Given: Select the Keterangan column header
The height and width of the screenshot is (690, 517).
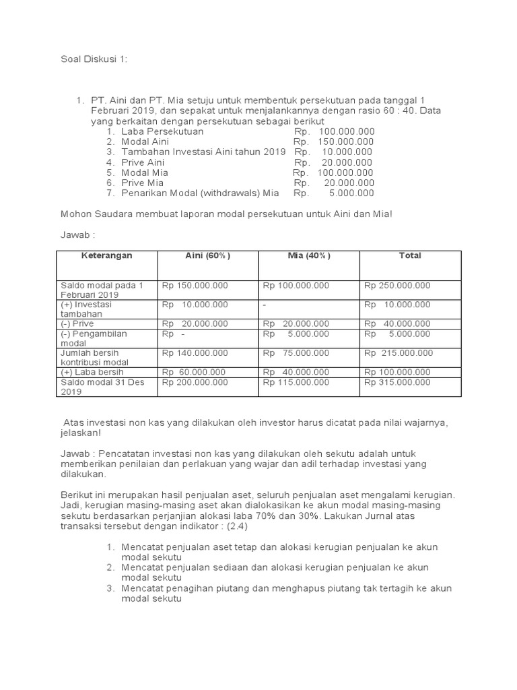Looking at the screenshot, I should pyautogui.click(x=107, y=256).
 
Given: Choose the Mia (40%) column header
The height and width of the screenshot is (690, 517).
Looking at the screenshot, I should pyautogui.click(x=309, y=256).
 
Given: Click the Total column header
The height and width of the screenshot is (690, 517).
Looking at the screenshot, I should pyautogui.click(x=410, y=256).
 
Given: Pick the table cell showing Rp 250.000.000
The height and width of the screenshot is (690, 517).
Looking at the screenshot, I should pyautogui.click(x=397, y=286).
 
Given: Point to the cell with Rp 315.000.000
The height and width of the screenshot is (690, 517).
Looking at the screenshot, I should pyautogui.click(x=397, y=383).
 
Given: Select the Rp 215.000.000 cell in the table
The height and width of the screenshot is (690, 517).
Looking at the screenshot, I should pyautogui.click(x=399, y=353).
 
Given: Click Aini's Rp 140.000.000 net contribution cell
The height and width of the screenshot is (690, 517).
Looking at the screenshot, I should pyautogui.click(x=195, y=353).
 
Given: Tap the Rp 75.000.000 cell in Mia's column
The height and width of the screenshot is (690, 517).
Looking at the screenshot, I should pyautogui.click(x=296, y=353).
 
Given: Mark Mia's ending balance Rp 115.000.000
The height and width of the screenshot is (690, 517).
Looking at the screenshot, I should pyautogui.click(x=296, y=383).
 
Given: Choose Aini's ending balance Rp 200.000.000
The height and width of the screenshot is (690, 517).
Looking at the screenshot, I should pyautogui.click(x=195, y=383).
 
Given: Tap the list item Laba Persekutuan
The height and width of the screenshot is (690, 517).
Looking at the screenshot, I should pyautogui.click(x=162, y=131).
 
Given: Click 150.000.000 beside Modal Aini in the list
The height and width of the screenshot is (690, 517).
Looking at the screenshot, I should pyautogui.click(x=347, y=142).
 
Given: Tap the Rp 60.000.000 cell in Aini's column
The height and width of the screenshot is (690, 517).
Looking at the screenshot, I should pyautogui.click(x=195, y=372).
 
